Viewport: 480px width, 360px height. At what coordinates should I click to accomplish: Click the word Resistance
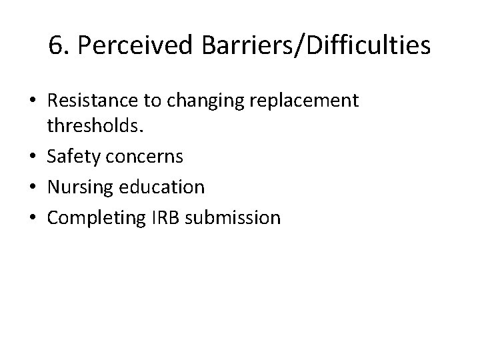pos(89,101)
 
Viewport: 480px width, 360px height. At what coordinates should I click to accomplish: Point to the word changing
pos(198,101)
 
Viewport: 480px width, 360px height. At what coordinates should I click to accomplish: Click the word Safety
pos(71,157)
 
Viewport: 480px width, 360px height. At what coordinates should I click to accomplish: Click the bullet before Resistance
pos(32,102)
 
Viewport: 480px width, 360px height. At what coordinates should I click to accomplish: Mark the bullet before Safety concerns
pos(32,158)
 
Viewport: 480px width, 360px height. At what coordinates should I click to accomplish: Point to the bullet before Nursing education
pos(32,187)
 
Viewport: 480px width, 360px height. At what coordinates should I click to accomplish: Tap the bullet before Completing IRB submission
pos(32,217)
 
